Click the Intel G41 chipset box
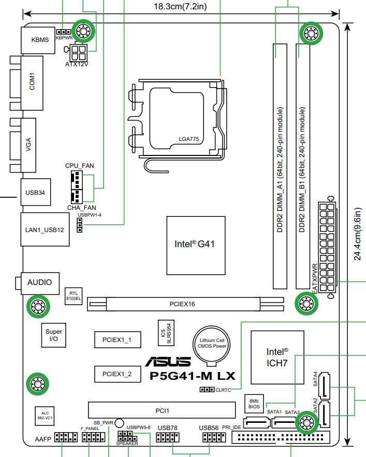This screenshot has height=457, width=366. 196,246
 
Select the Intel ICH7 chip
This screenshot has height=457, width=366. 277,358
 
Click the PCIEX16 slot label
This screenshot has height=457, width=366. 182,304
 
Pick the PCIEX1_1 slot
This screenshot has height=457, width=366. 118,339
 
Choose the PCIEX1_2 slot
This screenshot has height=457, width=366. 118,374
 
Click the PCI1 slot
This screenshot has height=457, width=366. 162,410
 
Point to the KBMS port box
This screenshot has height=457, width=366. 38,40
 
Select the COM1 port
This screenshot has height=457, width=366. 32,83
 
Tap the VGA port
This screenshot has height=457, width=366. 28,145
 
